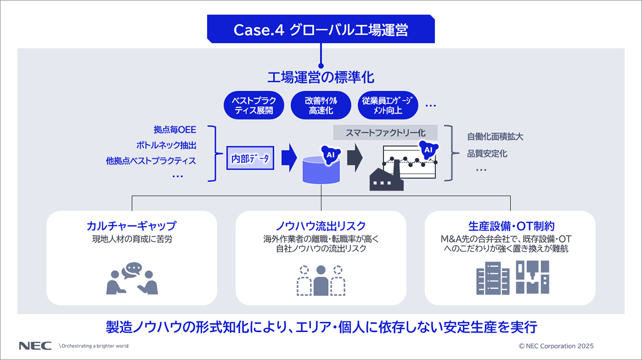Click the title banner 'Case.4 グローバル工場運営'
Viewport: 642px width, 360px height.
(x=320, y=30)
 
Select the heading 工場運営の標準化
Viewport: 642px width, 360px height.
(x=320, y=78)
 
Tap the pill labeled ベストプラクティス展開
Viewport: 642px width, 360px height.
(x=254, y=105)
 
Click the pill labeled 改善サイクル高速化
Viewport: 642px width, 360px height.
(x=321, y=105)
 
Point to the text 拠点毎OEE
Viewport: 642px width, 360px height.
(x=175, y=130)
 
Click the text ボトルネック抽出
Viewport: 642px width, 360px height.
(x=166, y=145)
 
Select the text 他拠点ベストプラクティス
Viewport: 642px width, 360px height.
(x=151, y=161)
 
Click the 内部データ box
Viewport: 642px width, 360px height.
(x=250, y=158)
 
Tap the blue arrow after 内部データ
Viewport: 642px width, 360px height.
(x=289, y=158)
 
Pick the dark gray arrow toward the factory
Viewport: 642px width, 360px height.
(x=355, y=158)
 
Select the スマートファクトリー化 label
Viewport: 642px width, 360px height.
(x=386, y=133)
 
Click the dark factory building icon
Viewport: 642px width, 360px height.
(x=386, y=177)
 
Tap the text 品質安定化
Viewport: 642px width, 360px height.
(x=480, y=153)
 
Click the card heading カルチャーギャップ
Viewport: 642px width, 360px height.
(x=131, y=226)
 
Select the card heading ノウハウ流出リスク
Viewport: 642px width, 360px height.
(x=320, y=226)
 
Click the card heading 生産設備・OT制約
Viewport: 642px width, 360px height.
(x=511, y=226)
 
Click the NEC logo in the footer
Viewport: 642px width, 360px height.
(x=36, y=345)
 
